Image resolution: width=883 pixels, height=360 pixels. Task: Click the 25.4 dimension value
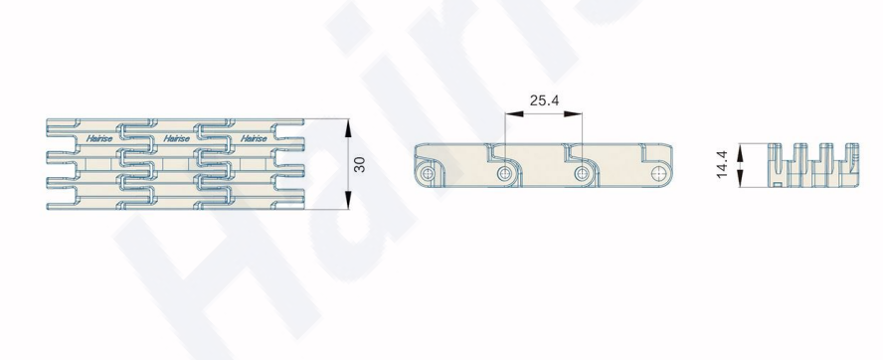544,100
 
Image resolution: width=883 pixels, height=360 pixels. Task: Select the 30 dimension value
360,164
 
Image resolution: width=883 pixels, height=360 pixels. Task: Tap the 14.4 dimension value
723,164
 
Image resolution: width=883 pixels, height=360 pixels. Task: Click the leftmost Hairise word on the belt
99,138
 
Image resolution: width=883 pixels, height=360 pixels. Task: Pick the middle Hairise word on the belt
176,138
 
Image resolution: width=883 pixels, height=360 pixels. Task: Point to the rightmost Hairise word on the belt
254,138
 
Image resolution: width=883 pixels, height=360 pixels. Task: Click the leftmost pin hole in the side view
428,173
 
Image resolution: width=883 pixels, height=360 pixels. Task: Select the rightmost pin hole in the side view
658,173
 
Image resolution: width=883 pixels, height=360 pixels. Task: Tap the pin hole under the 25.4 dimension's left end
504,173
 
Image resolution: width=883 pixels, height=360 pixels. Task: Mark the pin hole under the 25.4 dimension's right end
582,173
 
